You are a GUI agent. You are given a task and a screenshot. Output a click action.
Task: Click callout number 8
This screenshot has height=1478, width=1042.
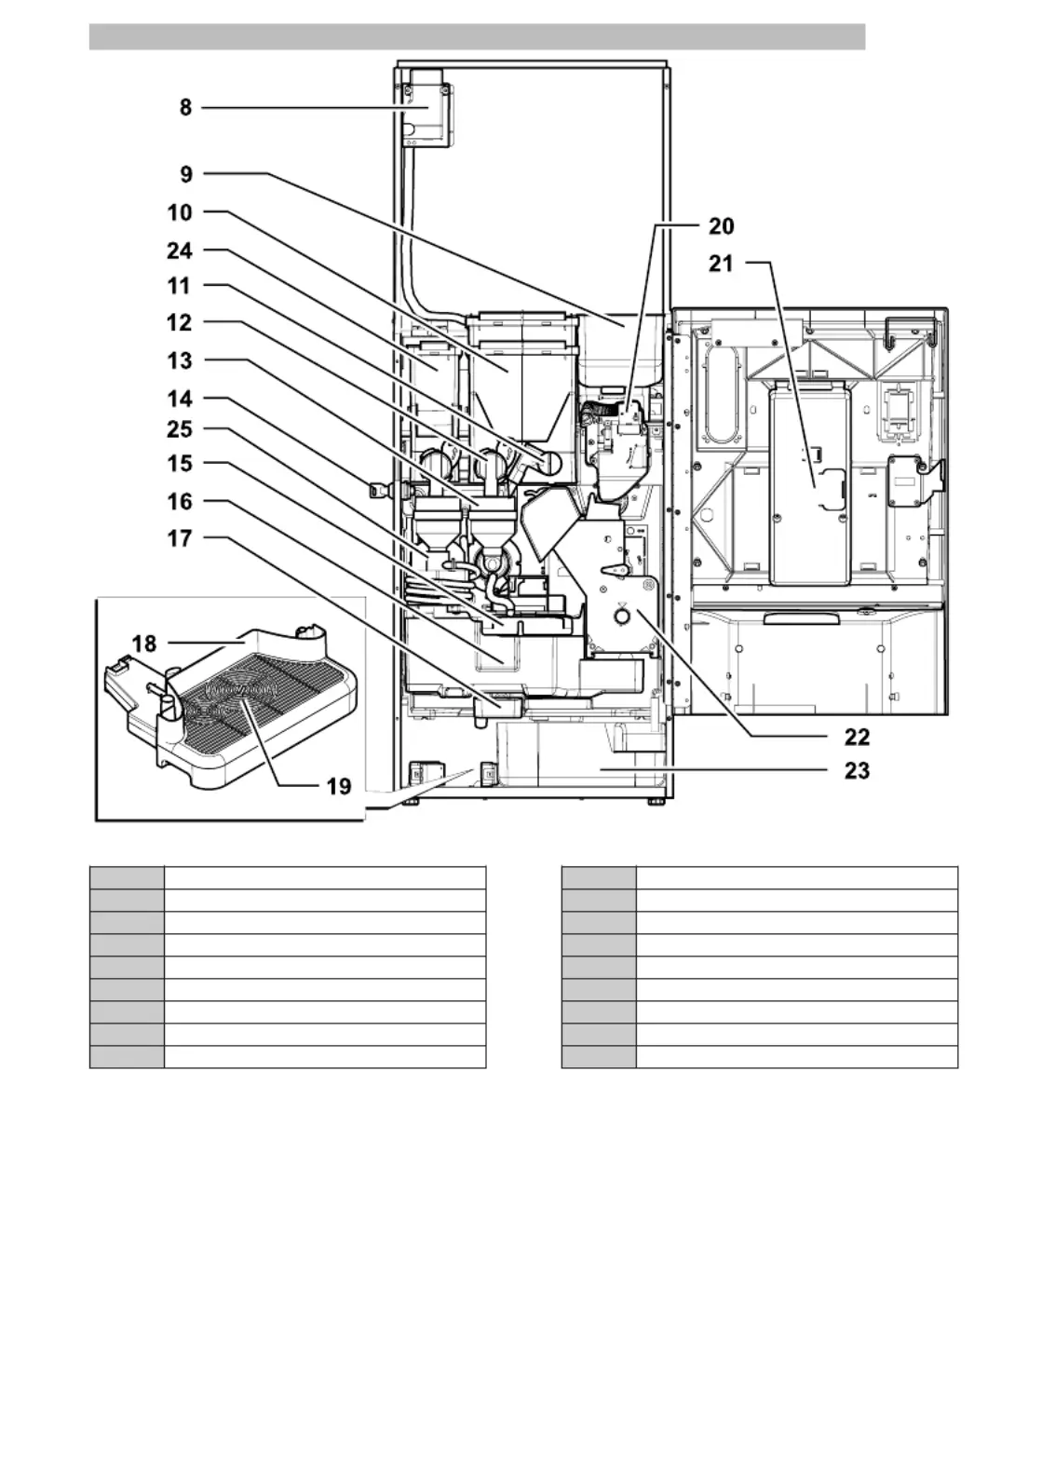coord(185,107)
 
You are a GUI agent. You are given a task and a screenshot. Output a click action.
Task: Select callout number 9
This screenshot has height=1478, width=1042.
coord(186,174)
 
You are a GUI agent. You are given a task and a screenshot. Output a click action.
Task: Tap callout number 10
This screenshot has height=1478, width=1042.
coord(179,212)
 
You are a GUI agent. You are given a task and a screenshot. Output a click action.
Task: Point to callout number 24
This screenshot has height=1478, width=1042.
coord(179,251)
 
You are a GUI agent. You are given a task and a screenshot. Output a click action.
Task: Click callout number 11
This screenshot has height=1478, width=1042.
coord(179,286)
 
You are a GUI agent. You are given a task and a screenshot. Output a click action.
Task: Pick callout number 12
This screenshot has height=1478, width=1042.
coord(179,322)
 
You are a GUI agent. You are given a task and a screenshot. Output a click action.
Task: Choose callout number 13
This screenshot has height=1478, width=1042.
coord(179,361)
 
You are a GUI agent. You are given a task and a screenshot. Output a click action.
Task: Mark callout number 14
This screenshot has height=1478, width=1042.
coord(180,399)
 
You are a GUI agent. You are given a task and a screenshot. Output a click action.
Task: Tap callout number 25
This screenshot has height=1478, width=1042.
coord(180,429)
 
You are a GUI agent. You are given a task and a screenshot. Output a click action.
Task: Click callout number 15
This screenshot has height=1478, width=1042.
coord(180,463)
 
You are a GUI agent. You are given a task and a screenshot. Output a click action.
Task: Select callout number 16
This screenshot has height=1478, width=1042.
coord(180,501)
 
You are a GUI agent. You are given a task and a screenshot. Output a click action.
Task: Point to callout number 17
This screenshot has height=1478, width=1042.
coord(180,538)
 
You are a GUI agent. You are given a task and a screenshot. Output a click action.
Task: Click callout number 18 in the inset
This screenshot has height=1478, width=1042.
coord(144,644)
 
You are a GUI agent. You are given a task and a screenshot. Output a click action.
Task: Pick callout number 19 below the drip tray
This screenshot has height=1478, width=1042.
coord(339,787)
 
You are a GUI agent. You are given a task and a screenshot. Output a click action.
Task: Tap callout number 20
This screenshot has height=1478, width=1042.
coord(722,226)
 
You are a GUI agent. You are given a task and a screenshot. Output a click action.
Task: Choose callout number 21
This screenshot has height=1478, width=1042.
coord(721,264)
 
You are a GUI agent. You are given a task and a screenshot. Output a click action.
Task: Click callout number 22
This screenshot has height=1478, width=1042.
coord(858,737)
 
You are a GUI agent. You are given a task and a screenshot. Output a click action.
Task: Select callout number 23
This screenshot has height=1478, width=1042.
coord(858,771)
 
